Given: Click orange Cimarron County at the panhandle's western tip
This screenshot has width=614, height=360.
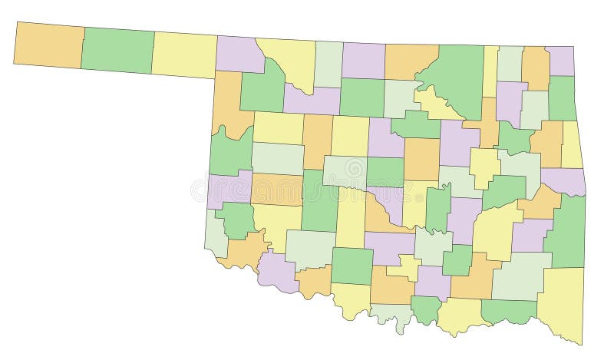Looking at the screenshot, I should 48,45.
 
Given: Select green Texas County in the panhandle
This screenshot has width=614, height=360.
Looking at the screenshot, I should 117,50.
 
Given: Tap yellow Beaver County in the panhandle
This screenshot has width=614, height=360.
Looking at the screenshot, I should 184,54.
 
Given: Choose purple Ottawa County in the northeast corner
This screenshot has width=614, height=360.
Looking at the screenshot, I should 560,61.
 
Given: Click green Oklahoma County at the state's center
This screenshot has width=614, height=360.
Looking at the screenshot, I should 385,171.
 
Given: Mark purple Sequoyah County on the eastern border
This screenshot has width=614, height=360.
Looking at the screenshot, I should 564,181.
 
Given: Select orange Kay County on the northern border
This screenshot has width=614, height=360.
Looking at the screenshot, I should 411,61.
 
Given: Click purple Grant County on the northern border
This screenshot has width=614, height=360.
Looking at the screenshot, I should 363,61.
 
